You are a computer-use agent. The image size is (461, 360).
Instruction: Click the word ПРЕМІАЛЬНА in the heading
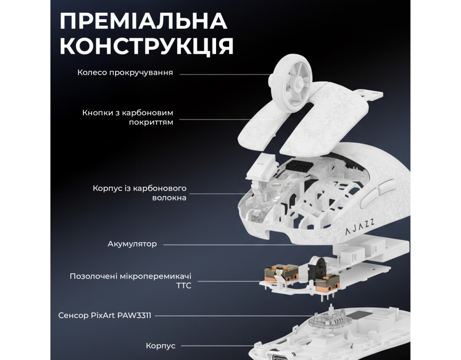[144, 21]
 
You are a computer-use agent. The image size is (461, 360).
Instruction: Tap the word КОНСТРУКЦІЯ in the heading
[147, 46]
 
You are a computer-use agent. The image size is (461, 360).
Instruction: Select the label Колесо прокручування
[125, 72]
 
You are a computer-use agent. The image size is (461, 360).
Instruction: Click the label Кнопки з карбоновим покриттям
[127, 117]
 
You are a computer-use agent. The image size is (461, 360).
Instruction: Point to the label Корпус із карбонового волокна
[140, 193]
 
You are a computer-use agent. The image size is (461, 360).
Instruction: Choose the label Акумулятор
[132, 244]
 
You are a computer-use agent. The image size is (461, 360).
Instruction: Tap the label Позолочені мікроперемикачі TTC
[131, 281]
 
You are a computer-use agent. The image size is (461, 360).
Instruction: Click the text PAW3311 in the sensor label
[134, 315]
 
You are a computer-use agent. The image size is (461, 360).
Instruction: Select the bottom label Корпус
[161, 346]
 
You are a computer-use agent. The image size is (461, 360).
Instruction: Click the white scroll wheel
[290, 83]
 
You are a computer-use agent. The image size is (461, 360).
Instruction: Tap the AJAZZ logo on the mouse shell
[360, 227]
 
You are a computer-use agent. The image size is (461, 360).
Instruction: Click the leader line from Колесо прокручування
[225, 74]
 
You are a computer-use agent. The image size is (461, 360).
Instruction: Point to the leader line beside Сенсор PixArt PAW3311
[234, 316]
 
